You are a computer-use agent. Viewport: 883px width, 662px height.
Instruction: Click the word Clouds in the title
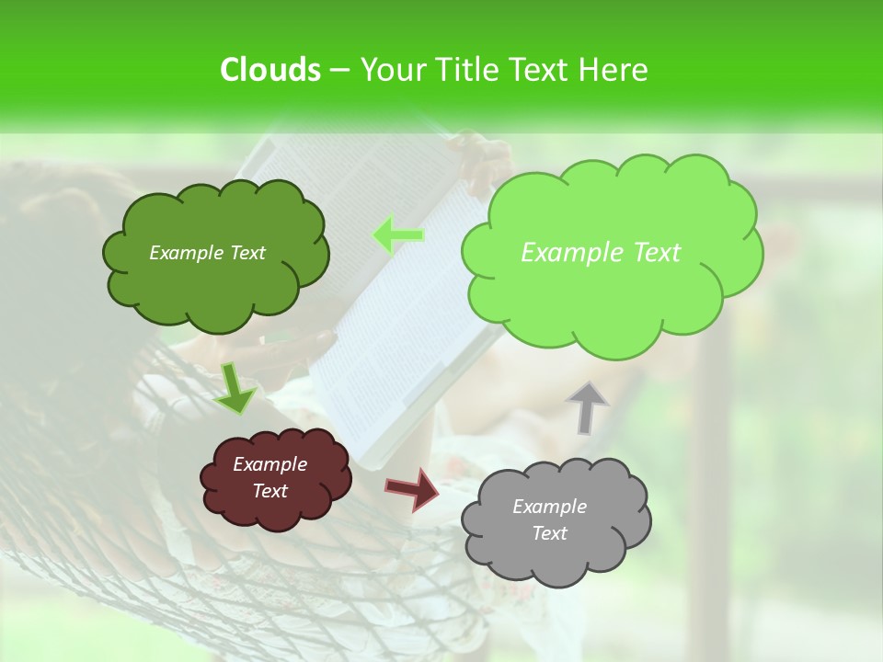(x=269, y=70)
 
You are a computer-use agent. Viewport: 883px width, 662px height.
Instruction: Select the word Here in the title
(x=614, y=70)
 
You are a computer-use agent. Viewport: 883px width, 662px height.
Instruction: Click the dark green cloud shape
(x=214, y=285)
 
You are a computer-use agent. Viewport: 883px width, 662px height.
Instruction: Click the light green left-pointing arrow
(x=398, y=235)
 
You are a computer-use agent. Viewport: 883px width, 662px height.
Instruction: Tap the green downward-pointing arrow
(x=235, y=388)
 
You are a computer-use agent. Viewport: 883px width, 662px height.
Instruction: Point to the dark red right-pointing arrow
(x=412, y=488)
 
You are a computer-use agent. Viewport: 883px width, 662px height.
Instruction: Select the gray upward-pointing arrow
(x=586, y=406)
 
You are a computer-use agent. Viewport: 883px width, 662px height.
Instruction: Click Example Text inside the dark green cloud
(x=207, y=253)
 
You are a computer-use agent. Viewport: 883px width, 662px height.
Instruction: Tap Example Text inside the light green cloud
(x=601, y=253)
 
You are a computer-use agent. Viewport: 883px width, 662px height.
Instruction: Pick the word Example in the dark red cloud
(x=269, y=464)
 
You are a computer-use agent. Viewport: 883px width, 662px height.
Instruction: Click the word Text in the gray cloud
(x=549, y=533)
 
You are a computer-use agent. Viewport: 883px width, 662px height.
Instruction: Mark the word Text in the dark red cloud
(x=269, y=491)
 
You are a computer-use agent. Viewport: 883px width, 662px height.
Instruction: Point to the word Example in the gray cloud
(x=549, y=507)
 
